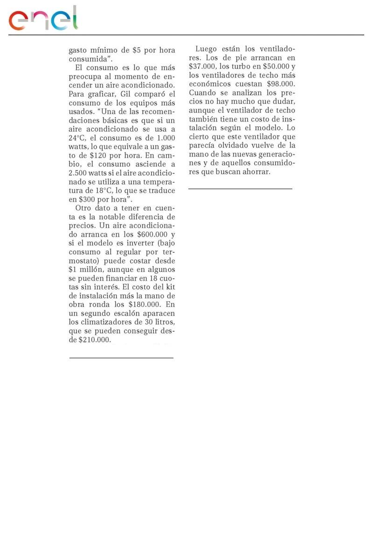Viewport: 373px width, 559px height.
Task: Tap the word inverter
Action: click(139, 243)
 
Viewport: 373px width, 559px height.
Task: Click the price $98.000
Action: click(281, 84)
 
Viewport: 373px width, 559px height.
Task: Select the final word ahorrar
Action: click(256, 172)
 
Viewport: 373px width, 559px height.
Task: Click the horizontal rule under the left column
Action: click(121, 358)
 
